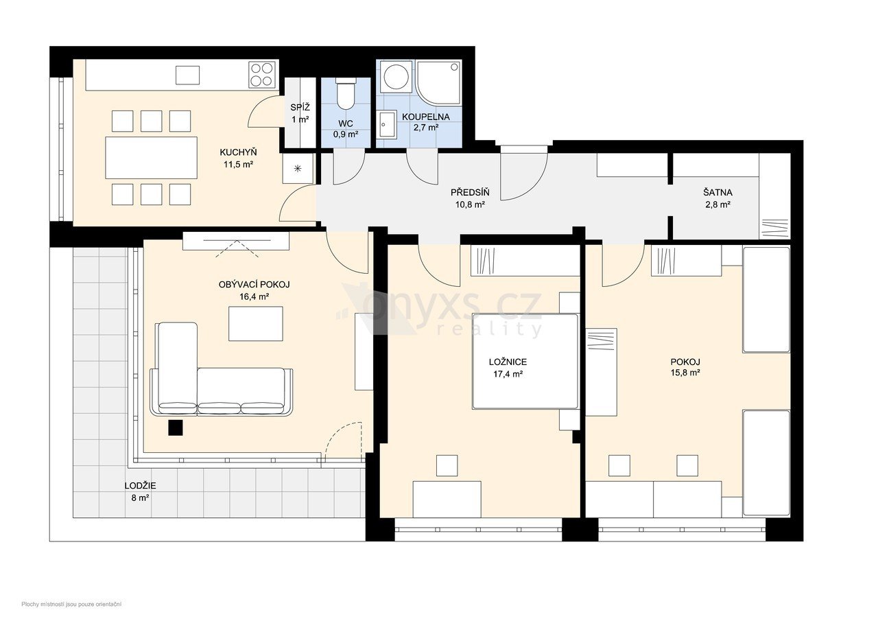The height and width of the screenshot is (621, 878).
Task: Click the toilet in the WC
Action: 346,94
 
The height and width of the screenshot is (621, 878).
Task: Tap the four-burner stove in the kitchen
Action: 261,75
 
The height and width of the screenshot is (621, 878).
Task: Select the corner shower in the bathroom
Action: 438,83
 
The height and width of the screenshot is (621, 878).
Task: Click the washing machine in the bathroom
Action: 396,76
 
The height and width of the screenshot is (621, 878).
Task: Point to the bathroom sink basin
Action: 387,124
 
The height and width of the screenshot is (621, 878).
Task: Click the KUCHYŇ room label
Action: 238,152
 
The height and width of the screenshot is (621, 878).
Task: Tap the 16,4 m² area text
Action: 254,296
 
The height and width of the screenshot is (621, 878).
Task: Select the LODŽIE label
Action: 141,486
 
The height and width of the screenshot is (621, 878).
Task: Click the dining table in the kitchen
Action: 152,158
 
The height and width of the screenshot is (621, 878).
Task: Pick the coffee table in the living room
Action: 256,323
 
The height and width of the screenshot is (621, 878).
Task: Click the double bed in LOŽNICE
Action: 525,361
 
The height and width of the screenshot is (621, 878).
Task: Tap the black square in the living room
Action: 176,427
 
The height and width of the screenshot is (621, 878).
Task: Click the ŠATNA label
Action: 717,193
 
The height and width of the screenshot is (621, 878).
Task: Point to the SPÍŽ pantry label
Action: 300,108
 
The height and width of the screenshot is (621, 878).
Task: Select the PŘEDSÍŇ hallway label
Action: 470,193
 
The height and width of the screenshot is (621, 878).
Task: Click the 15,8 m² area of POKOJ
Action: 685,373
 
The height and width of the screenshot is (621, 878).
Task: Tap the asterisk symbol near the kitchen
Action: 298,169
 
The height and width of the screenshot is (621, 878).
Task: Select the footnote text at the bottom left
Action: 71,604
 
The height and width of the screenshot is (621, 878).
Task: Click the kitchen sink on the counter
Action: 187,75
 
